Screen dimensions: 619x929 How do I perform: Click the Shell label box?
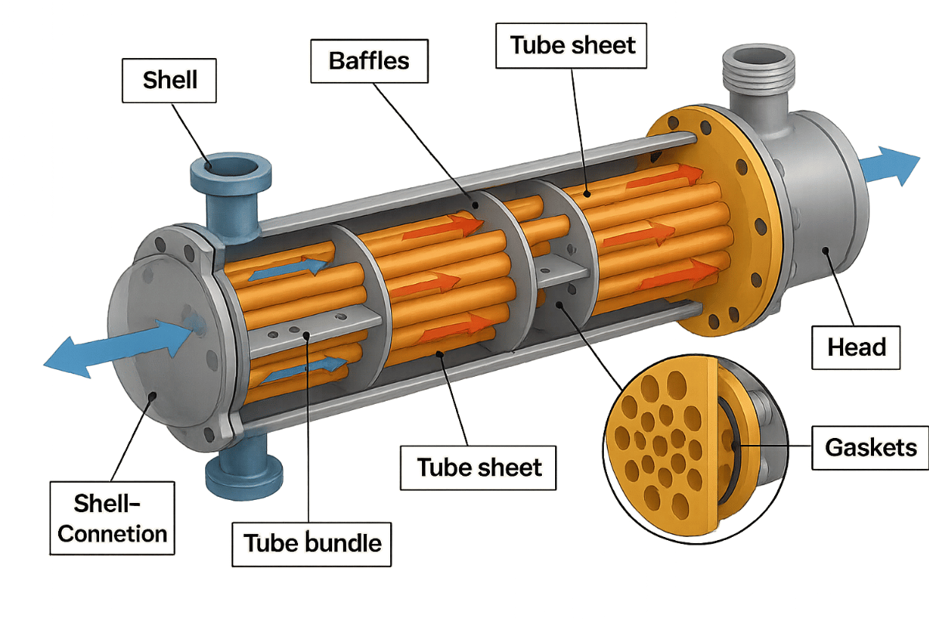[170, 79]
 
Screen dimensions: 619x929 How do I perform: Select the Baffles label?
[369, 60]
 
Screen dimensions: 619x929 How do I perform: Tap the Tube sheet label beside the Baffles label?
[573, 45]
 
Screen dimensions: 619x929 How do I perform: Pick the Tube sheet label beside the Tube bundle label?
[479, 467]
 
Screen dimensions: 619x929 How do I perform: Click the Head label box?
[856, 347]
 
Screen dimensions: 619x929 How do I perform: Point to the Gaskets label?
[870, 447]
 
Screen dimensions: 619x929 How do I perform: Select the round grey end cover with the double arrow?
[159, 340]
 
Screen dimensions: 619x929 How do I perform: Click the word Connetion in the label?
[113, 533]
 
